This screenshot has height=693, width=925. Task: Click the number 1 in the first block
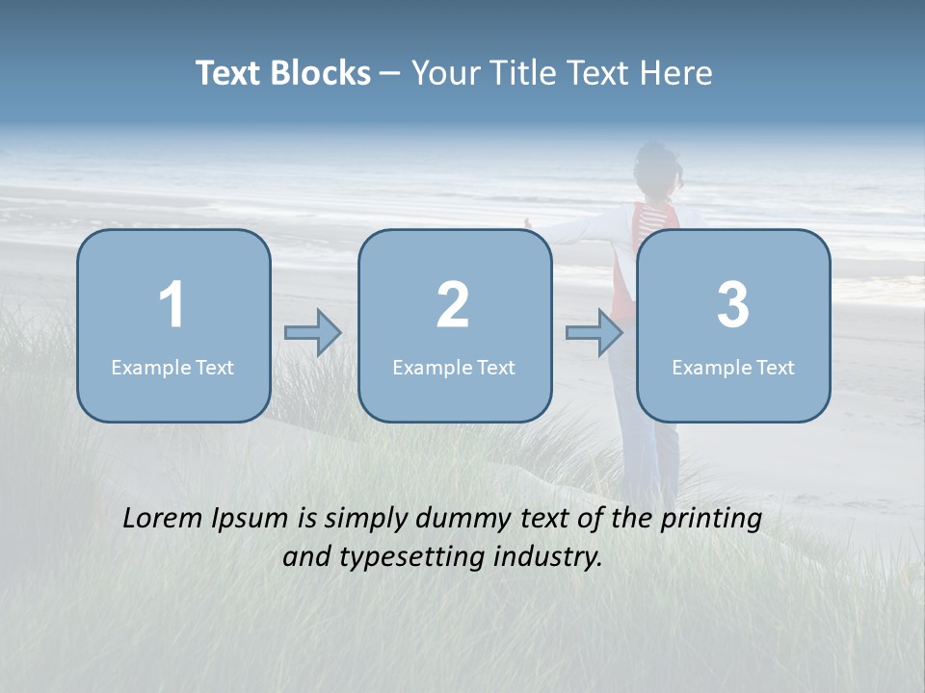pyautogui.click(x=172, y=305)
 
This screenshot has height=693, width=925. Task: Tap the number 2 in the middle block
pyautogui.click(x=453, y=305)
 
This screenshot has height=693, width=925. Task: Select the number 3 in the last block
pyautogui.click(x=733, y=305)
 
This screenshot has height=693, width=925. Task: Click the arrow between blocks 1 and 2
pyautogui.click(x=313, y=333)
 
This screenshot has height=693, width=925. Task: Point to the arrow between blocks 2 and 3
pyautogui.click(x=595, y=333)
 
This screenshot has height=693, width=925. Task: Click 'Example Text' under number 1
pyautogui.click(x=172, y=368)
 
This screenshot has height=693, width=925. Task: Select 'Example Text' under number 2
pyautogui.click(x=454, y=368)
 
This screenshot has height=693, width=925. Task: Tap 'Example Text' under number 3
pyautogui.click(x=733, y=368)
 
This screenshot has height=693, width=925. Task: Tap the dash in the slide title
pyautogui.click(x=391, y=74)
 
